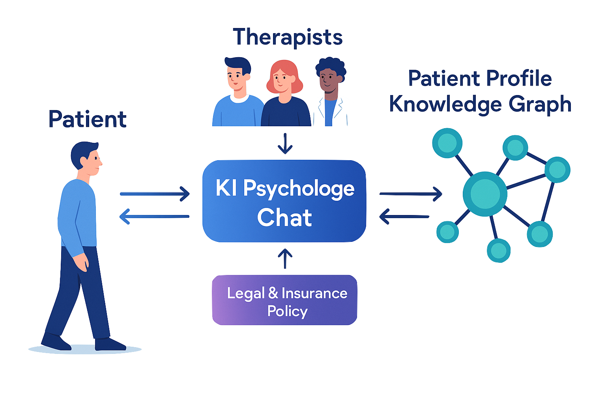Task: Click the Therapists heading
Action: pyautogui.click(x=288, y=38)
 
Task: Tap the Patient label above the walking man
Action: pyautogui.click(x=87, y=119)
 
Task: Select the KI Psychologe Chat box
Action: pyautogui.click(x=284, y=201)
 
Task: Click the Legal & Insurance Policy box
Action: pyautogui.click(x=284, y=300)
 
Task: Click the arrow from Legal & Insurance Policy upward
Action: pyautogui.click(x=285, y=259)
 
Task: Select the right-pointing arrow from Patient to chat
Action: pyautogui.click(x=155, y=194)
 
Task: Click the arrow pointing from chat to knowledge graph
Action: pyautogui.click(x=410, y=194)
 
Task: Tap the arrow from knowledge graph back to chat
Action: pyautogui.click(x=404, y=217)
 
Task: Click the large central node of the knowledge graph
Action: pyautogui.click(x=484, y=194)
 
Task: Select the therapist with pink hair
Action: pyautogui.click(x=284, y=95)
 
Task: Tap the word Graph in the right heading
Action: pyautogui.click(x=539, y=104)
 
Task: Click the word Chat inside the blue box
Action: pyautogui.click(x=284, y=218)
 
